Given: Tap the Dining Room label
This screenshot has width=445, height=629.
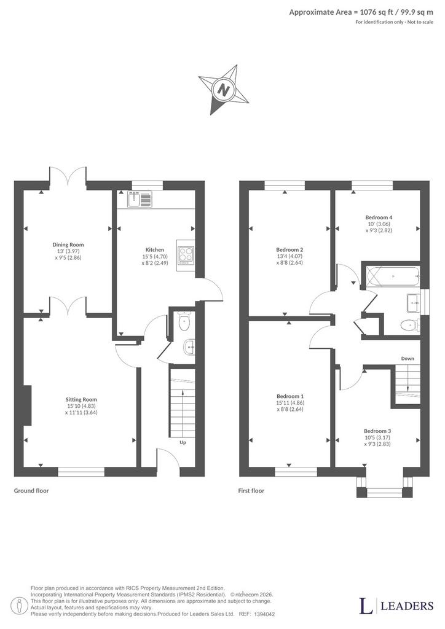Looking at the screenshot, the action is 68,244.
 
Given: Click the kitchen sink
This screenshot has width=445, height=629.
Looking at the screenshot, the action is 140,200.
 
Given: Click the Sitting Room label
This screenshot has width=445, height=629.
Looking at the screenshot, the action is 81,399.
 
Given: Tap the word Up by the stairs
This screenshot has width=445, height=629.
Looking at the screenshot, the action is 183,442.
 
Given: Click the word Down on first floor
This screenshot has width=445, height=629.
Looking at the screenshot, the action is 408,358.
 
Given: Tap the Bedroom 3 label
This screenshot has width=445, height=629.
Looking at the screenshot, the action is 377,431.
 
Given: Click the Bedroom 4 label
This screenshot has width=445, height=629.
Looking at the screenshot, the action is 379,217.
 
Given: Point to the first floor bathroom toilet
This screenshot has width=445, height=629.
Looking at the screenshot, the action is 409,324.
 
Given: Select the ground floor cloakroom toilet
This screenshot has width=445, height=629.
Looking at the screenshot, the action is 184,322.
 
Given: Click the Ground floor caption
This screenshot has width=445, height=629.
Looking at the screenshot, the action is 31,491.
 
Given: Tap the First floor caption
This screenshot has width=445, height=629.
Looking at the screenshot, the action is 251,491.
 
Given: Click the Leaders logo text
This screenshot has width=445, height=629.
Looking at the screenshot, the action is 406,606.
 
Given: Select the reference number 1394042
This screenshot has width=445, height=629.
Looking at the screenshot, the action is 264,614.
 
